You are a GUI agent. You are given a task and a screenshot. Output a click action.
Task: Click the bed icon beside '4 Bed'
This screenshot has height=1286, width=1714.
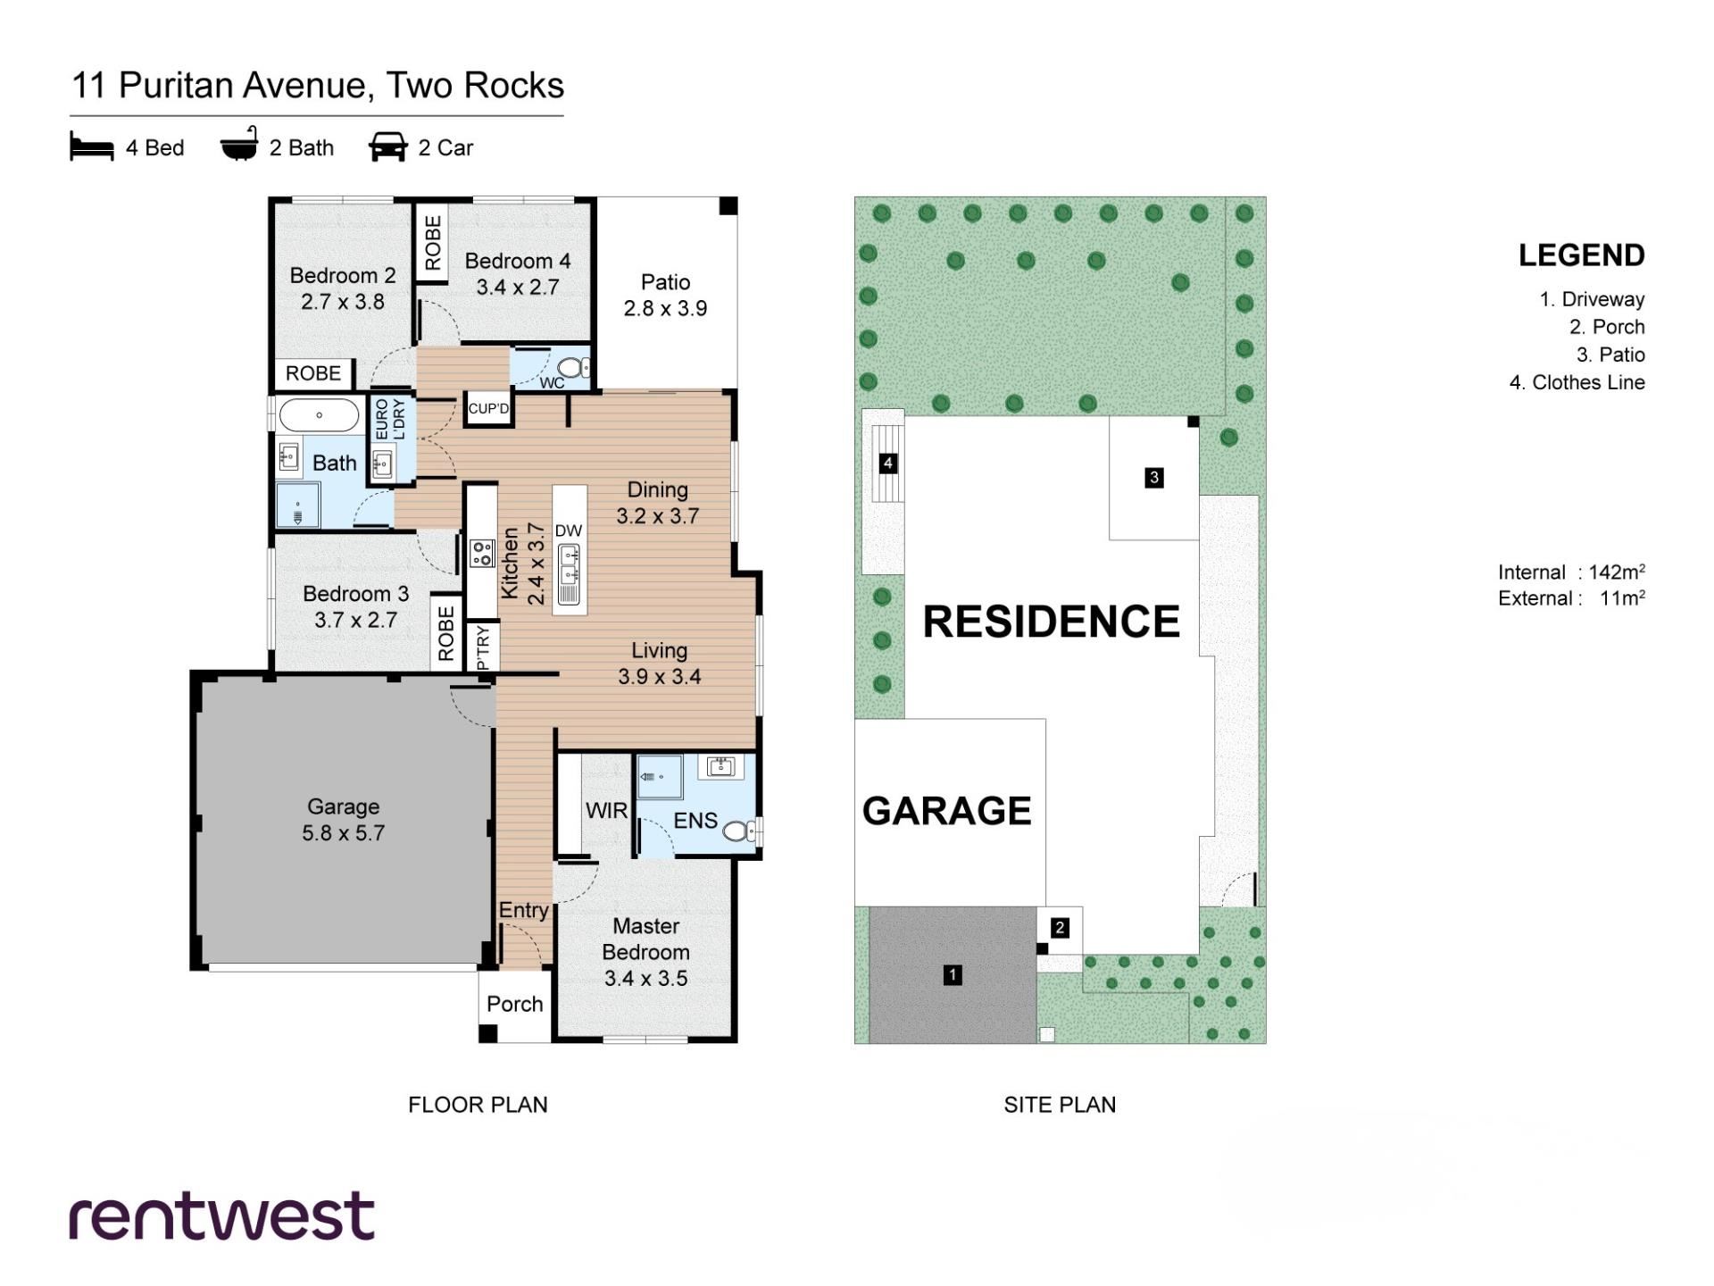coord(92,147)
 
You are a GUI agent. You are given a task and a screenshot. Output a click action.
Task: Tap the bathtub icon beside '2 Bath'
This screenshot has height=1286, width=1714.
coord(239,145)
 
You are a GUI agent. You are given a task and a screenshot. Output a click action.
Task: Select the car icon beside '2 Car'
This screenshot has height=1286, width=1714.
coord(388,147)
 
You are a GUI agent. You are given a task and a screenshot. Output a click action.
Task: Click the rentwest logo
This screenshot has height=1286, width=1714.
coord(222,1215)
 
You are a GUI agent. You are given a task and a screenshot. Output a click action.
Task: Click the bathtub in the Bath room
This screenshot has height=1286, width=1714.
coord(319,415)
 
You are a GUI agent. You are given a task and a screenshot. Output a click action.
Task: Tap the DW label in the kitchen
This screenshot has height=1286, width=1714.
coord(569,530)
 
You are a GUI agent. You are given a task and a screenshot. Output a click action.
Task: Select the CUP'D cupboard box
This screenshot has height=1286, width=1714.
coord(488,409)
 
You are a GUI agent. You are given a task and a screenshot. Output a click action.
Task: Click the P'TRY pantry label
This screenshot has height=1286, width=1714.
coord(483,647)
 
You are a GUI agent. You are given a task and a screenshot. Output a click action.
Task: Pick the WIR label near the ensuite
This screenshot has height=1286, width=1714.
coord(607,811)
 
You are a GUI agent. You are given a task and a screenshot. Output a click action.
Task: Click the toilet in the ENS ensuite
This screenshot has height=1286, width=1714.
coord(741,832)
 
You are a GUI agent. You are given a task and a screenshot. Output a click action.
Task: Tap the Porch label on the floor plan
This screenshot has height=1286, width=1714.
coord(515,1004)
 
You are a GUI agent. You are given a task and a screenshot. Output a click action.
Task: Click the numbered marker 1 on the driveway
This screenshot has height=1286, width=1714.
coord(953,975)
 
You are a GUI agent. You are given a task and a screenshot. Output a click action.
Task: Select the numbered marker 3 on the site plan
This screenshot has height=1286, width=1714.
coord(1154,478)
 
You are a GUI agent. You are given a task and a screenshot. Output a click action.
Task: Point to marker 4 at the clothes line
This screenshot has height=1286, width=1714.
coord(888,463)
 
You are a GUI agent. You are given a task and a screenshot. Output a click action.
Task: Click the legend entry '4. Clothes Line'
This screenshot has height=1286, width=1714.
coord(1577,382)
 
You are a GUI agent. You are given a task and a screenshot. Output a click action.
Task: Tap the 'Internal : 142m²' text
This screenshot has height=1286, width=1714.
coord(1572,572)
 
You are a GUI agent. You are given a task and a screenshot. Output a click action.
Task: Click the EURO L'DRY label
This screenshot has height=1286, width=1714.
coord(390,419)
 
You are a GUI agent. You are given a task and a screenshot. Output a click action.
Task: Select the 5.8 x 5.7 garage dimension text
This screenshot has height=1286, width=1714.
coord(344,833)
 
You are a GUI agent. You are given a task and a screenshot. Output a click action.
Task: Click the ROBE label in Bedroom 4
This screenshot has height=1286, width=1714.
coord(433,243)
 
